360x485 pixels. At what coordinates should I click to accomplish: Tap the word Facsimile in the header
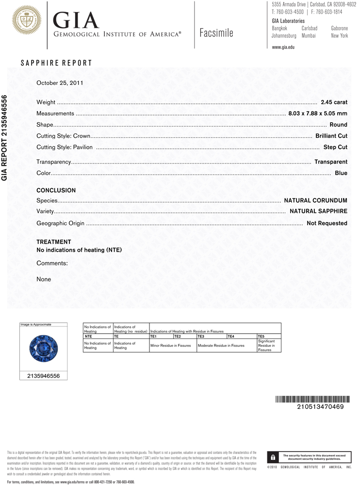pos(216,33)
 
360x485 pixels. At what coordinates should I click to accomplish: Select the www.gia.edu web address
pos(283,47)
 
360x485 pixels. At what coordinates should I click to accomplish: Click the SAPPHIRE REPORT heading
pos(56,63)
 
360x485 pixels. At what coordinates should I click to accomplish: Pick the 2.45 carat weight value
pos(334,102)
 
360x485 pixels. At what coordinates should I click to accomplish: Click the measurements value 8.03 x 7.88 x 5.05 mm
pos(317,113)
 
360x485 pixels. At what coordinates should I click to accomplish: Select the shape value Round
pos(338,125)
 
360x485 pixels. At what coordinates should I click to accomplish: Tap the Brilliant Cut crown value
pos(331,136)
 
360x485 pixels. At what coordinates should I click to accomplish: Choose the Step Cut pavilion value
pos(335,147)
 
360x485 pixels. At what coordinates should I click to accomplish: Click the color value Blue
pos(341,173)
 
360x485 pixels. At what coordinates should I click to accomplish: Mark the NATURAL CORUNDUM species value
pos(315,200)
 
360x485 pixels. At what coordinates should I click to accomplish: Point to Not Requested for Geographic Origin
pos(327,223)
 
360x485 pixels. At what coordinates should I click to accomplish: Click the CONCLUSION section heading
pos(56,191)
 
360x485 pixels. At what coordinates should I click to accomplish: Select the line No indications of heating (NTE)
pos(79,250)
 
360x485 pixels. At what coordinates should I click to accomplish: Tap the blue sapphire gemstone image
pos(44,348)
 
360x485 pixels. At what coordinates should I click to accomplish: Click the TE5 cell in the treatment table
pos(261,336)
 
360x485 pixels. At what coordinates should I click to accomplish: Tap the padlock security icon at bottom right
pos(273,457)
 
